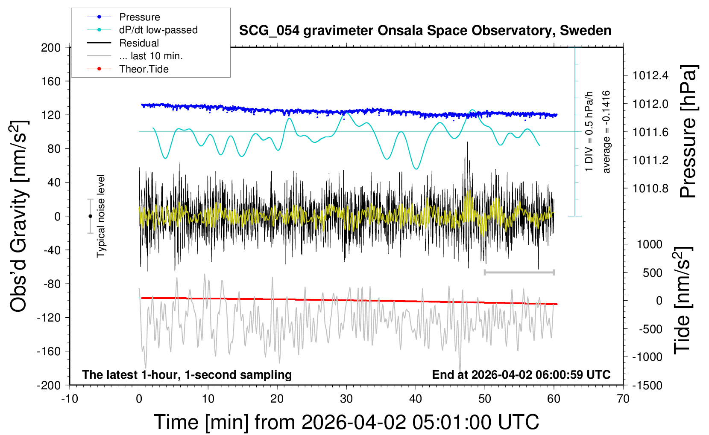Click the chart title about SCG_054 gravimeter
click(x=425, y=31)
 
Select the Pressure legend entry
click(x=139, y=17)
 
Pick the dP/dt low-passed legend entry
click(x=158, y=30)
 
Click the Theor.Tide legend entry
click(x=144, y=69)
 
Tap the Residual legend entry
click(x=139, y=43)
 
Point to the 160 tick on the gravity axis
click(x=51, y=81)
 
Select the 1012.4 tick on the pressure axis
click(x=650, y=76)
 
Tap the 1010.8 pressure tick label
click(x=650, y=188)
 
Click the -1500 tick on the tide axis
click(x=647, y=385)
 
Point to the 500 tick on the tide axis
click(x=652, y=273)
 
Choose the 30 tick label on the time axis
click(x=346, y=399)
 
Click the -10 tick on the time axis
click(x=70, y=399)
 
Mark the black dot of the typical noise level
click(x=90, y=216)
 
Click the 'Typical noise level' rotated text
click(x=101, y=216)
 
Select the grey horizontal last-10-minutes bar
click(x=519, y=272)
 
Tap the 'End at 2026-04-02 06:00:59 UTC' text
click(x=521, y=375)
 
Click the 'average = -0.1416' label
click(x=606, y=132)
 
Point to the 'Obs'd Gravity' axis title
click(x=19, y=216)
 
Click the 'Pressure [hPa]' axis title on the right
click(x=688, y=132)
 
